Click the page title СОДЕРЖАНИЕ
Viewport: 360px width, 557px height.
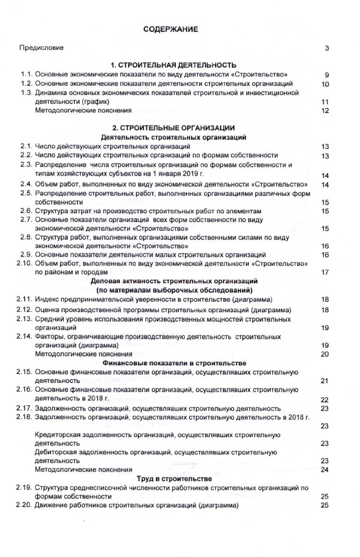tap(171, 30)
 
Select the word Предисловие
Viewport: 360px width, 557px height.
tap(41, 48)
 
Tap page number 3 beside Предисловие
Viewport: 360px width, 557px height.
tap(327, 48)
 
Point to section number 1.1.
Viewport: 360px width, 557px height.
tap(26, 75)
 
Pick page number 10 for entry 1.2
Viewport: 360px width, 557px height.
tap(325, 84)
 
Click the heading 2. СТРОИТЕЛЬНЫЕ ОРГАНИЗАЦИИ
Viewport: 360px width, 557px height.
tap(173, 128)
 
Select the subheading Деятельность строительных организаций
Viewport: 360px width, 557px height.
tap(174, 137)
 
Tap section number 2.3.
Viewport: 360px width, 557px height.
tap(26, 165)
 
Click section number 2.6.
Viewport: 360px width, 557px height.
tap(26, 211)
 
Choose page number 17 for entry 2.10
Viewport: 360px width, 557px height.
tap(325, 272)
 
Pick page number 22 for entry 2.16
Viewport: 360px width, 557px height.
tap(325, 400)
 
